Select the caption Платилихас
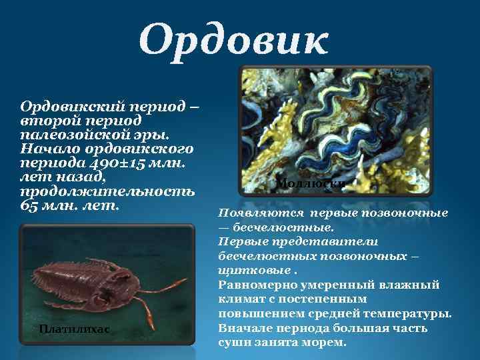73,329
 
